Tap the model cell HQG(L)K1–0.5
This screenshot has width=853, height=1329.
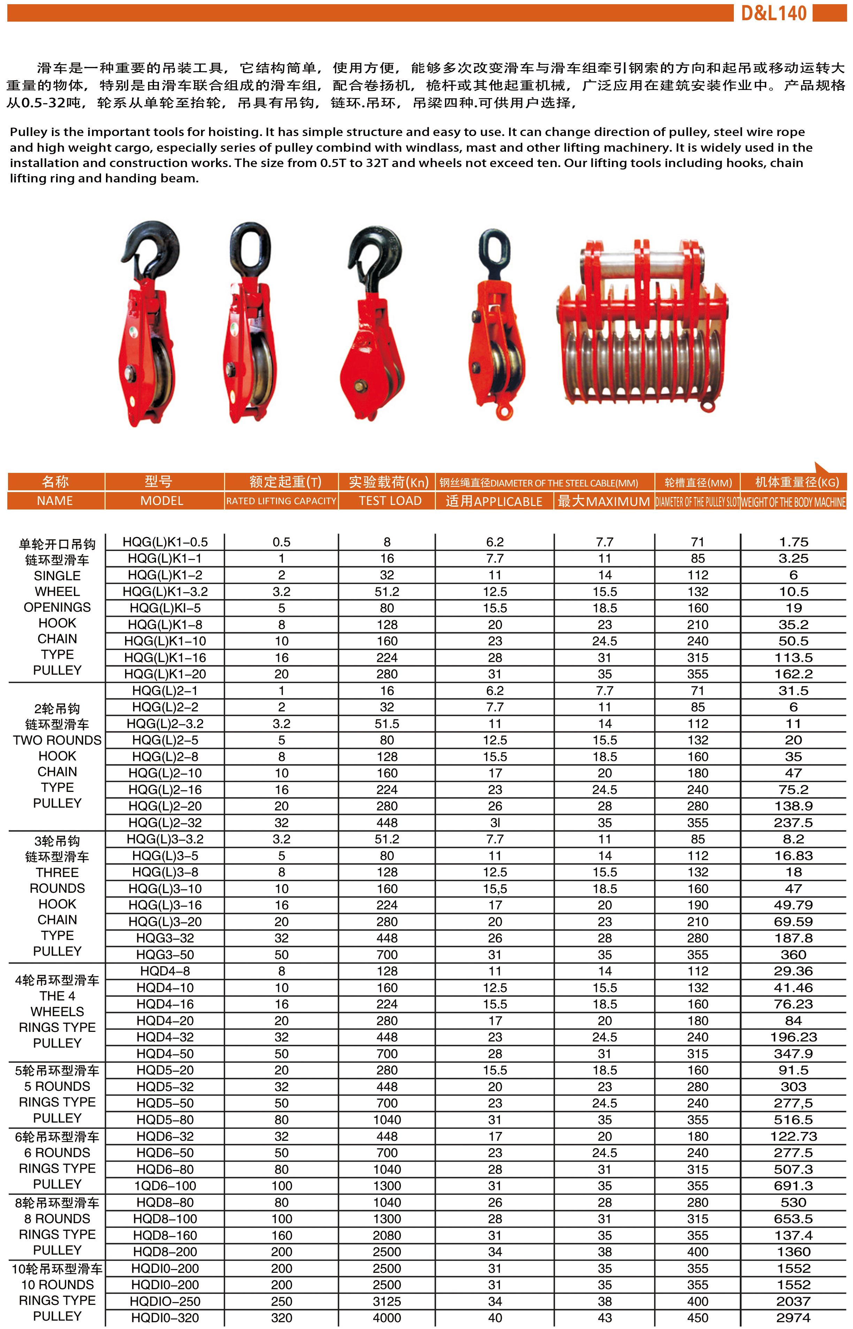click(x=165, y=542)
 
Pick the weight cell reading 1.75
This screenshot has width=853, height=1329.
click(x=793, y=542)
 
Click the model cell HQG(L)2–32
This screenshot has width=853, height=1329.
click(x=165, y=822)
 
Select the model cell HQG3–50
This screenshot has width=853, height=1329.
click(x=165, y=954)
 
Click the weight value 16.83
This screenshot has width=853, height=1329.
click(x=793, y=856)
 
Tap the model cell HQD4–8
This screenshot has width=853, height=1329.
click(x=165, y=971)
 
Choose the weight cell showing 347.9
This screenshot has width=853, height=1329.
click(x=793, y=1054)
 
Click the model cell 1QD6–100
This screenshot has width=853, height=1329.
click(x=165, y=1185)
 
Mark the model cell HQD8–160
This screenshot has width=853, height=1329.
click(x=165, y=1235)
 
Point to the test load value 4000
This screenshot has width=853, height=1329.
click(x=387, y=1318)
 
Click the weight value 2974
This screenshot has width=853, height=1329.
click(x=793, y=1318)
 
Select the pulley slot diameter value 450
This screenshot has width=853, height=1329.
click(x=697, y=1318)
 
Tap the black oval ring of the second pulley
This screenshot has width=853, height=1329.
click(x=251, y=249)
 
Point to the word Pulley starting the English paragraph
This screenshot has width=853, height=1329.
click(x=28, y=132)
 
